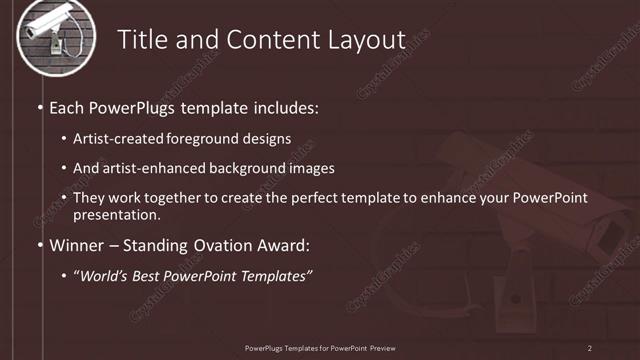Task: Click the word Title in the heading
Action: (142, 40)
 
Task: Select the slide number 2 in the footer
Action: (590, 348)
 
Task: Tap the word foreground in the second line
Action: (205, 139)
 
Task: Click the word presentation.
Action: (117, 214)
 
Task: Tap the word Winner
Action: (75, 245)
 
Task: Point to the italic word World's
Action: (104, 275)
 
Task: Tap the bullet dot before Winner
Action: (40, 245)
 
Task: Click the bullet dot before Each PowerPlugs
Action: (40, 106)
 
